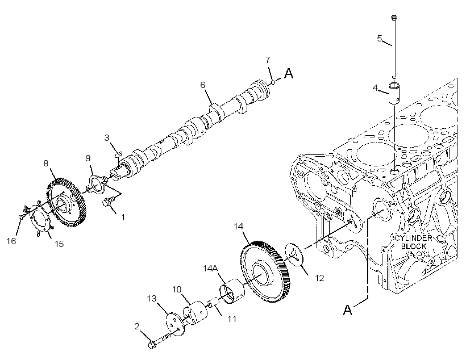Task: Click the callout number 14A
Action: [210, 269]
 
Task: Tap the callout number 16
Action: [11, 241]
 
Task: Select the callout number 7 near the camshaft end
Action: [268, 60]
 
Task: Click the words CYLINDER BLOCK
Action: [413, 242]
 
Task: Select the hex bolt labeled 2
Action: [160, 340]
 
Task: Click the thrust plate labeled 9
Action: [97, 185]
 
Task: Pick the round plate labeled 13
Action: [175, 324]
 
